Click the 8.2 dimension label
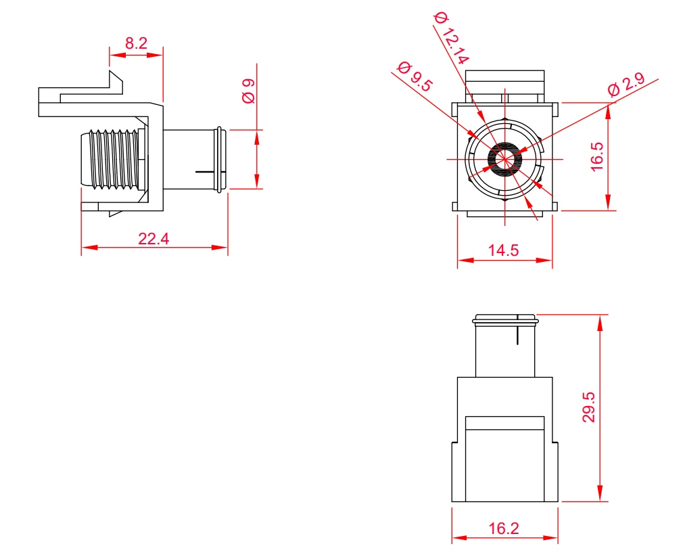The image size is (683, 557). tap(137, 43)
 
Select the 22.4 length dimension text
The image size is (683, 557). tap(154, 239)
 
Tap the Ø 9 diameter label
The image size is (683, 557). tap(248, 91)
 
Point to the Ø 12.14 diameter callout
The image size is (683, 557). tap(452, 39)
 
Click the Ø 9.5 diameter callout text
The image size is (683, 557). tap(415, 76)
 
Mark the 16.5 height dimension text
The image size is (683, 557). tap(597, 156)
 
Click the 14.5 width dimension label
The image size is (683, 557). tap(503, 250)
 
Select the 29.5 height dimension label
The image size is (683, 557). tap(588, 407)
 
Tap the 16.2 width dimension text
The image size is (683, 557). tap(504, 528)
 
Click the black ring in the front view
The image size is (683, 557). tap(504, 159)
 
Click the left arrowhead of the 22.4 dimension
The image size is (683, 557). tap(89, 248)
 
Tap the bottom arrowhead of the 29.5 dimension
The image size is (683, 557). tap(600, 493)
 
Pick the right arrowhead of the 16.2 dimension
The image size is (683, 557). tap(550, 537)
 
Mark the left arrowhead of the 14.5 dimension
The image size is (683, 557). tap(466, 260)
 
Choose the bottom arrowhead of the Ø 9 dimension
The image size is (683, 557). tap(256, 181)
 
